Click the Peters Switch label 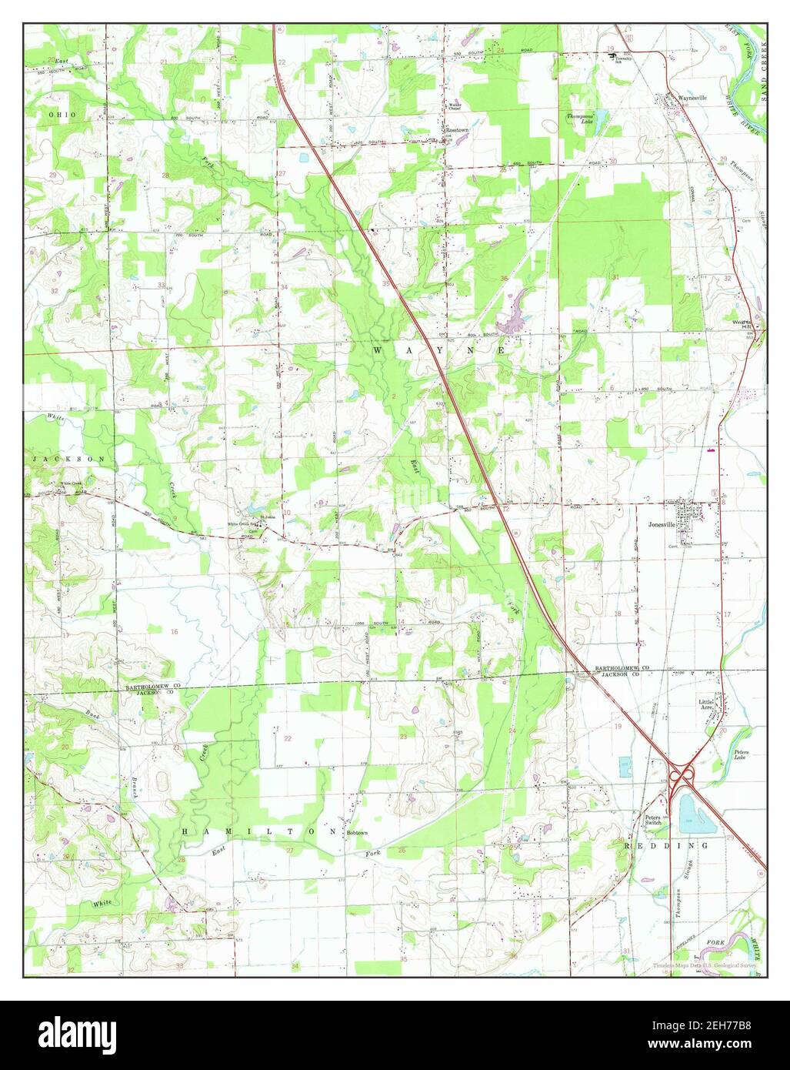(653, 819)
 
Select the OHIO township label (64, 114)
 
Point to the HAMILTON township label (259, 832)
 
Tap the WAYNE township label (440, 350)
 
